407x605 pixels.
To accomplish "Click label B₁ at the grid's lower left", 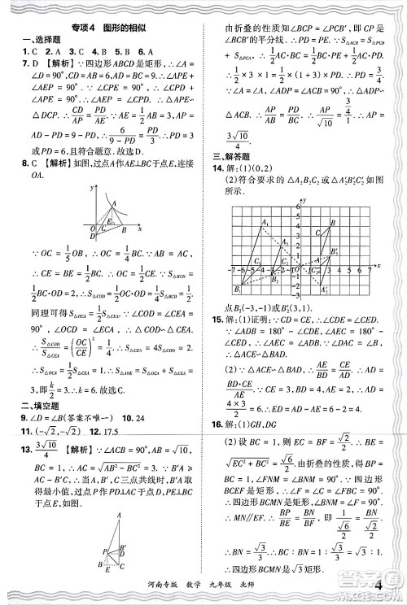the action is click(x=236, y=289).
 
